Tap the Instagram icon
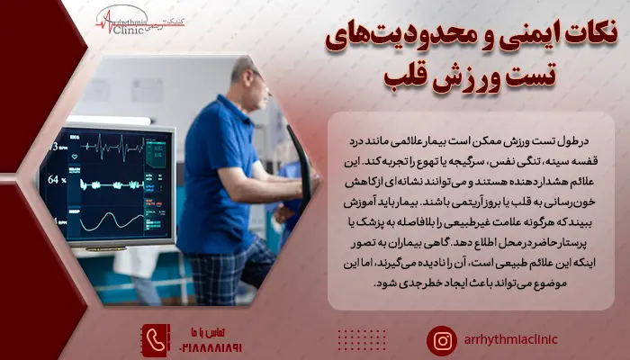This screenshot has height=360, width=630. (442, 340)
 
